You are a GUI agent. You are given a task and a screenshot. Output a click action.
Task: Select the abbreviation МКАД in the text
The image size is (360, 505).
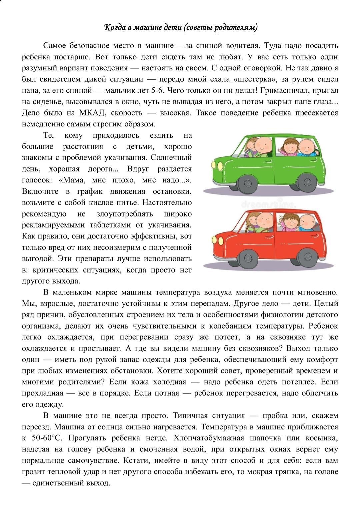(x=89, y=113)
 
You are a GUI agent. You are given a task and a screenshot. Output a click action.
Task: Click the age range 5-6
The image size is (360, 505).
(x=154, y=90)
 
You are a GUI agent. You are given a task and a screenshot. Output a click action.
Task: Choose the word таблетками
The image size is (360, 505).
(x=106, y=225)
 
